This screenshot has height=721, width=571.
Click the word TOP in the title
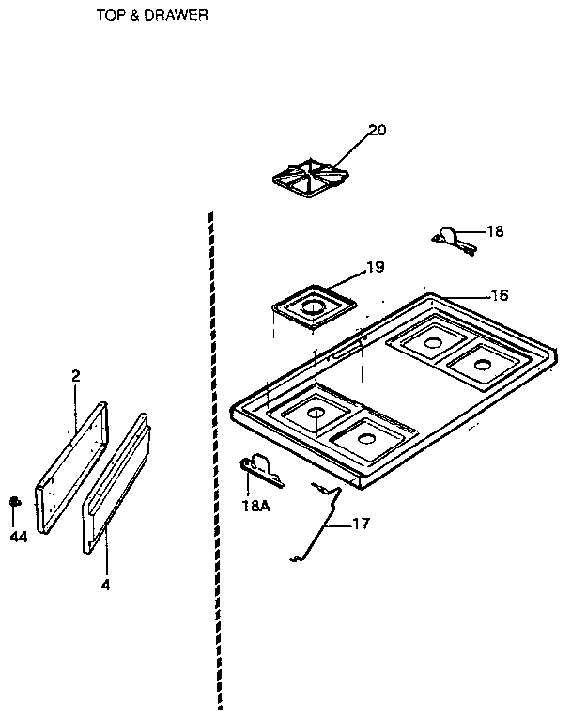pyautogui.click(x=109, y=15)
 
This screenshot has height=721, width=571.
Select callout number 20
pyautogui.click(x=377, y=131)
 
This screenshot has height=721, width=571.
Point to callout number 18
pyautogui.click(x=494, y=231)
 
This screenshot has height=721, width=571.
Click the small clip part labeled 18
pyautogui.click(x=455, y=239)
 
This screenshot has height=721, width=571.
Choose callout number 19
pyautogui.click(x=374, y=268)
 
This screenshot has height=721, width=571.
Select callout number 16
pyautogui.click(x=499, y=295)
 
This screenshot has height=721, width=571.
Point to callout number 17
pyautogui.click(x=362, y=524)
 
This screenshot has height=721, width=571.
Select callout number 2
pyautogui.click(x=75, y=375)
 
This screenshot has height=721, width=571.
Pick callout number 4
pyautogui.click(x=105, y=585)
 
